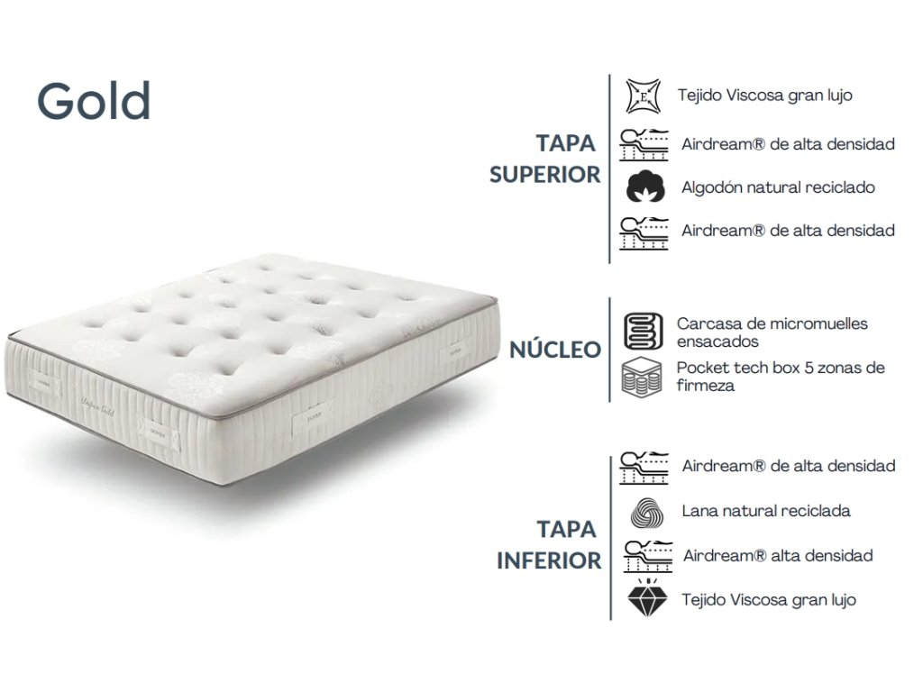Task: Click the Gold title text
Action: [94, 101]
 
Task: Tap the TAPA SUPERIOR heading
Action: [545, 159]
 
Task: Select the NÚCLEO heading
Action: [555, 350]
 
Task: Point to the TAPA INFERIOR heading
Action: [549, 545]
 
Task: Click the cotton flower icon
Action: [645, 187]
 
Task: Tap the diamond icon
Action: [647, 598]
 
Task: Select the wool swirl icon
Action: [646, 513]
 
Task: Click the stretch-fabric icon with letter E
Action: [643, 96]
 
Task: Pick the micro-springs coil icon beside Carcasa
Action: [643, 332]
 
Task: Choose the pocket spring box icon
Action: [642, 378]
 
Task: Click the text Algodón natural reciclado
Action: [778, 187]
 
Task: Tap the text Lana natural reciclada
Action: [766, 511]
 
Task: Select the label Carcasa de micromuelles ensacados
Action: [772, 332]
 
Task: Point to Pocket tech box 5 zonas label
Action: [781, 377]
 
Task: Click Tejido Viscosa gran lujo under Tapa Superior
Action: [764, 96]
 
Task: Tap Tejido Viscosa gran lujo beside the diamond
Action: [769, 600]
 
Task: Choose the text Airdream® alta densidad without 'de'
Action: [778, 555]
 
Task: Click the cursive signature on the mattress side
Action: [97, 407]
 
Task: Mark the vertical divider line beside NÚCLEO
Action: [609, 350]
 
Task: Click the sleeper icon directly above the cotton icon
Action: [644, 145]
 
